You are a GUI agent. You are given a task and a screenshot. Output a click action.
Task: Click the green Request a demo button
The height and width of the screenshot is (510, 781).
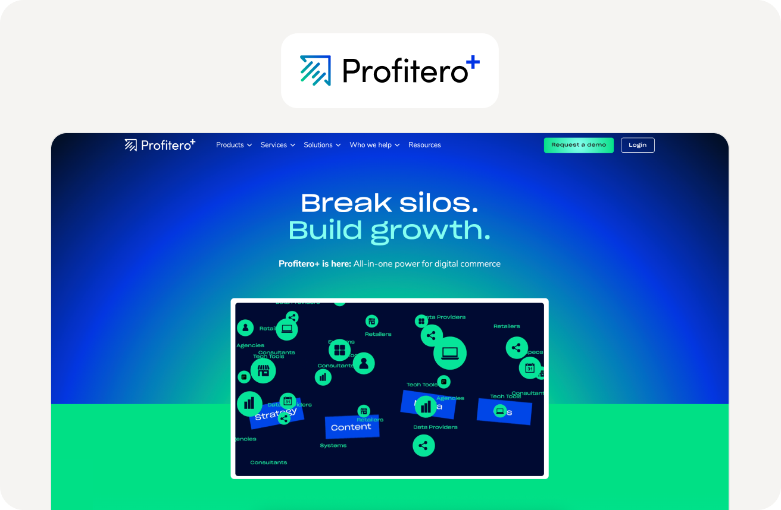pos(578,145)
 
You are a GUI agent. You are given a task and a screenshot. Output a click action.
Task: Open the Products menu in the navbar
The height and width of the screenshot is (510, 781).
pos(233,145)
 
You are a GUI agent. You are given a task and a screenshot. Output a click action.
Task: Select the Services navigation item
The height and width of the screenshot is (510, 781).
pos(277,145)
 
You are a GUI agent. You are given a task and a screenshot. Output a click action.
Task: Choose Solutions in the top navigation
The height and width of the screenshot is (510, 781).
pos(321,145)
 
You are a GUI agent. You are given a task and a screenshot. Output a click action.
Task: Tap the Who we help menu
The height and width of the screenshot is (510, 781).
pos(374,145)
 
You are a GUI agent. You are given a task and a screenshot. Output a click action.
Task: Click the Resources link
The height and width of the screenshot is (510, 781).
pos(424,145)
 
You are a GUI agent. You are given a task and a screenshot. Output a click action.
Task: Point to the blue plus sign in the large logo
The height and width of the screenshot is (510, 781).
pos(473,62)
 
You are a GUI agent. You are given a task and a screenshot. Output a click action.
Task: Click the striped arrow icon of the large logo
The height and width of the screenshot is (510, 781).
pos(315,70)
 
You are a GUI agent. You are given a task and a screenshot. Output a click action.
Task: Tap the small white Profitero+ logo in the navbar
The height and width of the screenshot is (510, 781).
pos(160,145)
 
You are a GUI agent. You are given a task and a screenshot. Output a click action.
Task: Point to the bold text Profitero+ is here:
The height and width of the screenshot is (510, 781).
pos(314,264)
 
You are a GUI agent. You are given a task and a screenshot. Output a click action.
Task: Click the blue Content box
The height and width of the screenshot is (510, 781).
pos(351,427)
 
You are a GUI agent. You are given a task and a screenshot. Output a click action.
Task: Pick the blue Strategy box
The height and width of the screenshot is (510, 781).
pos(277,414)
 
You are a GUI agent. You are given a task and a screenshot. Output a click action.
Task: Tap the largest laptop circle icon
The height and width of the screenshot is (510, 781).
pos(449,353)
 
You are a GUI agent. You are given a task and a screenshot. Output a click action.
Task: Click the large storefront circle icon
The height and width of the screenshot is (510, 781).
pos(263,370)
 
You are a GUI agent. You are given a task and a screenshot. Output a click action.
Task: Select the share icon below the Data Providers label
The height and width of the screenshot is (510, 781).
pos(423,445)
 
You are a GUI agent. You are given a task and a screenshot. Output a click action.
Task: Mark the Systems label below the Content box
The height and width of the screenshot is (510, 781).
pos(333,445)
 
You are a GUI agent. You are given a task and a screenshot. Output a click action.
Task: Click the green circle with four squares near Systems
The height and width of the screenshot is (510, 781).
pos(339,350)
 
